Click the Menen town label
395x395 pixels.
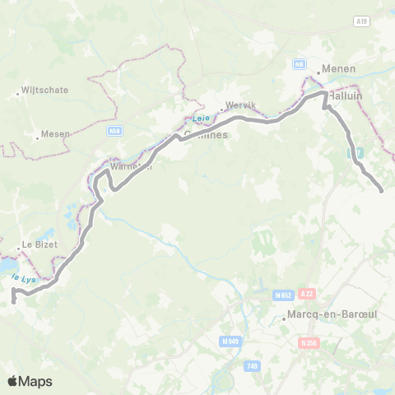340,69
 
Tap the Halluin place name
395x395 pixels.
346,95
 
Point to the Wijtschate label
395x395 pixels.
44,90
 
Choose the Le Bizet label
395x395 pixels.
38,244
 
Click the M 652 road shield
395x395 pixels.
283,295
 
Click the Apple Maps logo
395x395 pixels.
30,381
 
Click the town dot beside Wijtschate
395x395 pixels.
16,94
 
